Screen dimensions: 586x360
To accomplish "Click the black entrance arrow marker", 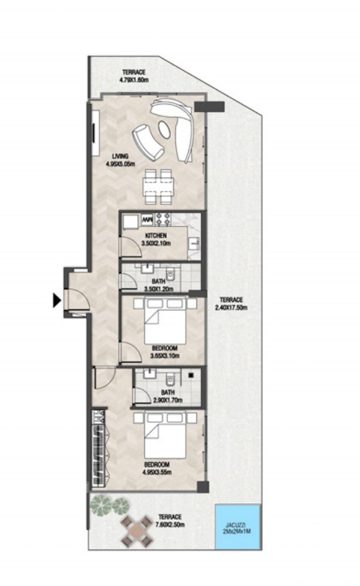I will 56,301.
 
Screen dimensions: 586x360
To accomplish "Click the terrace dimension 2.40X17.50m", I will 231,303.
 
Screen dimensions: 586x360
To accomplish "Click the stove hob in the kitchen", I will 162,220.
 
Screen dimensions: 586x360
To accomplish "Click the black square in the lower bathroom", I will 192,374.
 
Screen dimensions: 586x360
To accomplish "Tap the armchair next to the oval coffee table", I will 147,143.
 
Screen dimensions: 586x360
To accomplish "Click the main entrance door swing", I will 78,300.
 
